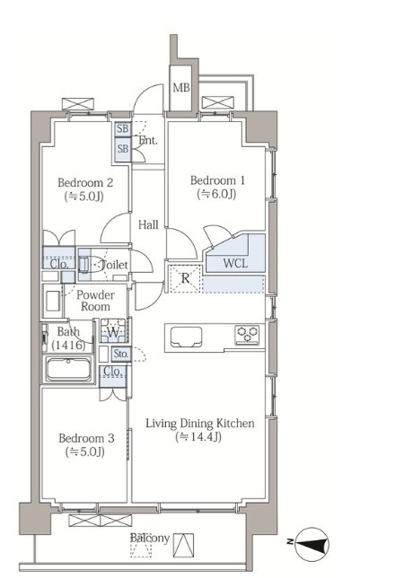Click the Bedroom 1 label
pyautogui.click(x=217, y=180)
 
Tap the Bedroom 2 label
pyautogui.click(x=85, y=182)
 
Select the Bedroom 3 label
pyautogui.click(x=86, y=438)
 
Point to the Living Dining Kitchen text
pyautogui.click(x=200, y=424)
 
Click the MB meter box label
pyautogui.click(x=181, y=87)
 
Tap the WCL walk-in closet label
pyautogui.click(x=235, y=263)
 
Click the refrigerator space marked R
pyautogui.click(x=185, y=278)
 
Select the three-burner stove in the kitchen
pyautogui.click(x=248, y=335)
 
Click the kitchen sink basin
pyautogui.click(x=186, y=337)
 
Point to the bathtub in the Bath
pyautogui.click(x=68, y=369)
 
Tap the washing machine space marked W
pyautogui.click(x=113, y=331)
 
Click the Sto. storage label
pyautogui.click(x=120, y=354)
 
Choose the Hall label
pyautogui.click(x=148, y=224)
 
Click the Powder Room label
pyautogui.click(x=95, y=301)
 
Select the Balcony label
pyautogui.click(x=150, y=538)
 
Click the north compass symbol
pyautogui.click(x=312, y=545)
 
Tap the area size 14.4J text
pyautogui.click(x=198, y=437)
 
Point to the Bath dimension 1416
pyautogui.click(x=68, y=345)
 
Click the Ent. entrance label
pyautogui.click(x=148, y=140)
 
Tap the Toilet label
pyautogui.click(x=114, y=265)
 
